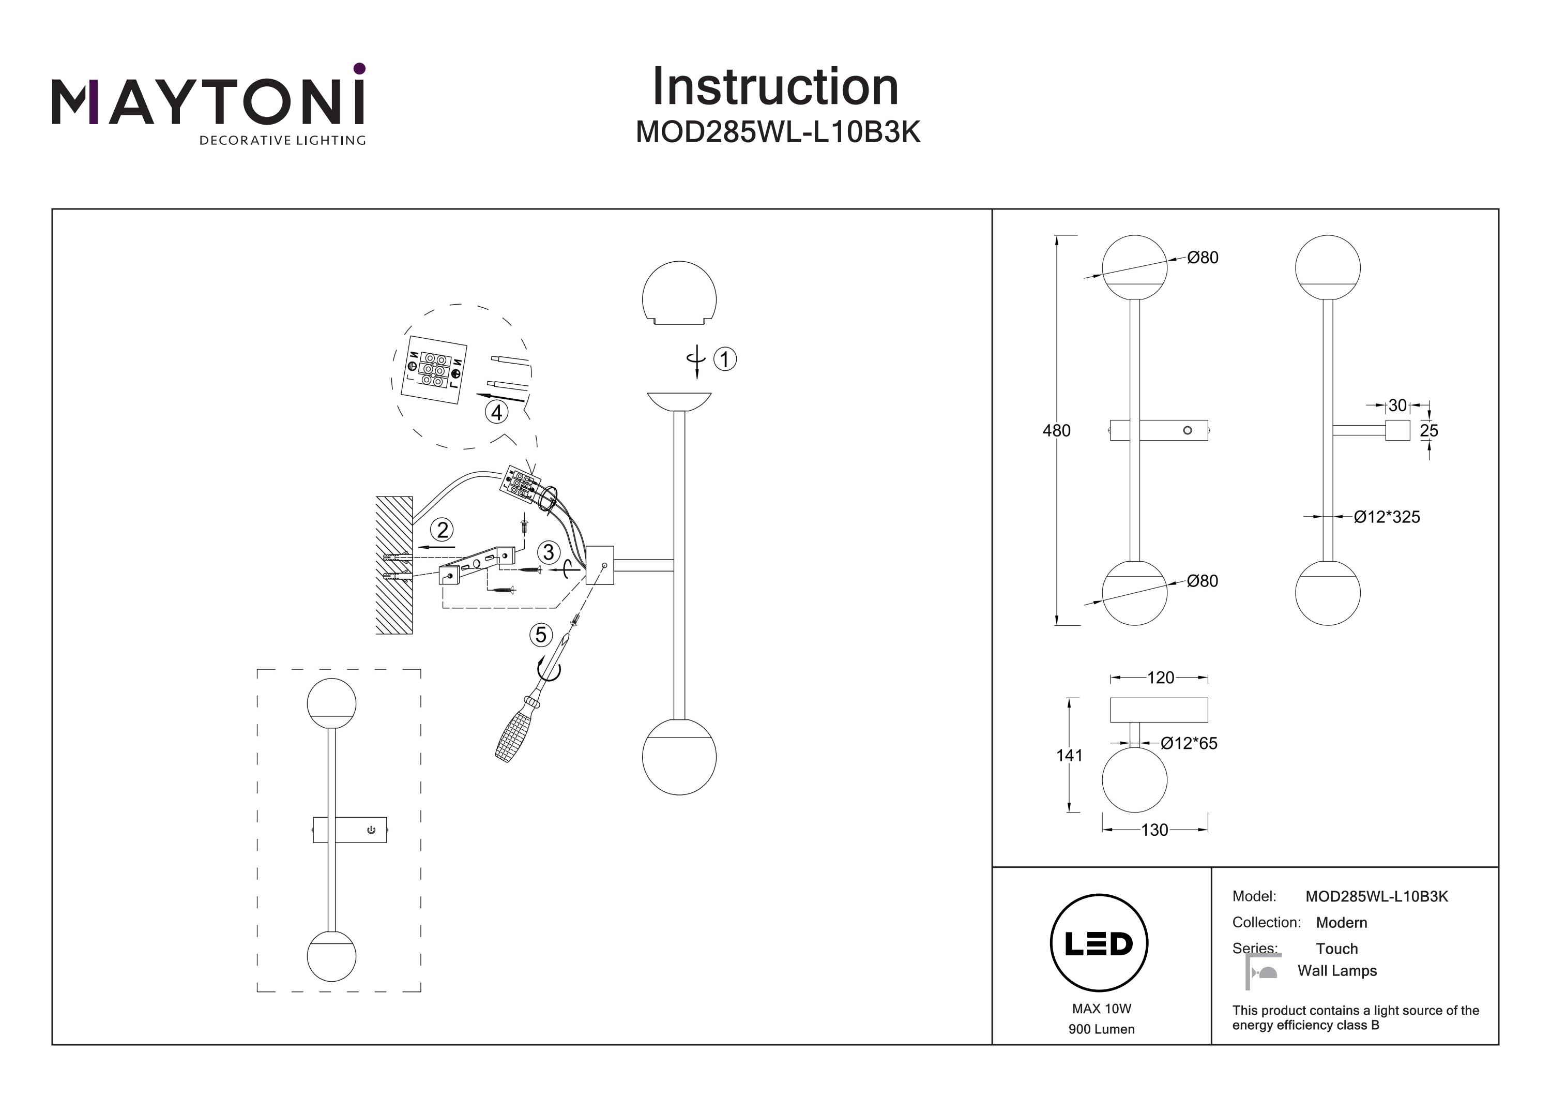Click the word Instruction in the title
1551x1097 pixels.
tap(775, 87)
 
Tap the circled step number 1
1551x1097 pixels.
tap(725, 359)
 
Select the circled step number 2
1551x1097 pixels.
tap(443, 530)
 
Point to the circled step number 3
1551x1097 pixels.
tap(548, 552)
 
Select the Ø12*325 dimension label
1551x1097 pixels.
tap(1387, 517)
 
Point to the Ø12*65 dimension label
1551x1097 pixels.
tap(1189, 744)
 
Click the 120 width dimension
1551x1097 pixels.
tap(1161, 677)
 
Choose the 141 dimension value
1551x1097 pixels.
tap(1069, 755)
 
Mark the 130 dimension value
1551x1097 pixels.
tap(1154, 830)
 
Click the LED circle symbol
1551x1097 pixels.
tap(1099, 943)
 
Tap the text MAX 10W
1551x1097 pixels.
tap(1101, 1009)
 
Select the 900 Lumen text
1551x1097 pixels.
tap(1101, 1029)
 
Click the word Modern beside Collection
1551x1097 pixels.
tap(1342, 923)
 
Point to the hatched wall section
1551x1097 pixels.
tap(394, 566)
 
